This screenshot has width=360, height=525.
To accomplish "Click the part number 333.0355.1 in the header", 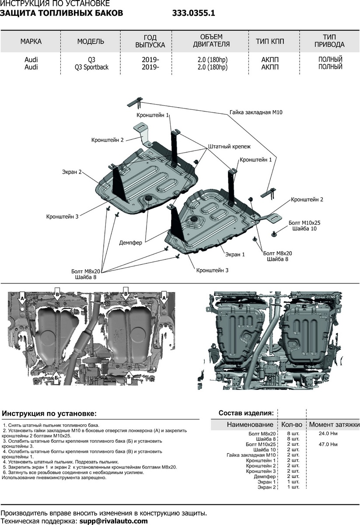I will [193, 13].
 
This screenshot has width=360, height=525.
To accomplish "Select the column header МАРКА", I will [31, 42].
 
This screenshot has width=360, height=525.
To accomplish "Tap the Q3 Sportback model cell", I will [91, 67].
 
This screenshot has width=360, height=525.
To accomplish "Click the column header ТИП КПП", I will [270, 42].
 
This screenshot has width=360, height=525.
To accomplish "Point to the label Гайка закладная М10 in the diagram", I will [256, 112].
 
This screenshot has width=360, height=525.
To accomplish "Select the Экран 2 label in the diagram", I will [71, 172].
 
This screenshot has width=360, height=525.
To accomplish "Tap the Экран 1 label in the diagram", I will [235, 254].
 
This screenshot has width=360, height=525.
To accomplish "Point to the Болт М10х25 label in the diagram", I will [304, 222].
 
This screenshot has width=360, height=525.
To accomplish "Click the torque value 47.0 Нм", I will [329, 444].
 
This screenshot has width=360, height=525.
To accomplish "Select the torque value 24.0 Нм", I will [329, 433].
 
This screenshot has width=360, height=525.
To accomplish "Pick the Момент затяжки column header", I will [334, 424].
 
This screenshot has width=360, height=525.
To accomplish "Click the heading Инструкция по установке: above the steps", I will [49, 413].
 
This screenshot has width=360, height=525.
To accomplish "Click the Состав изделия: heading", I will [246, 413].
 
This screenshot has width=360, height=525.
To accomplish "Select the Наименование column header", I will [250, 424].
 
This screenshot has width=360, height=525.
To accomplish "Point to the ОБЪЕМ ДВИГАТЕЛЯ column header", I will [211, 41].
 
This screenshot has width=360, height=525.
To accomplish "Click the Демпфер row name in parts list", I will [265, 476].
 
